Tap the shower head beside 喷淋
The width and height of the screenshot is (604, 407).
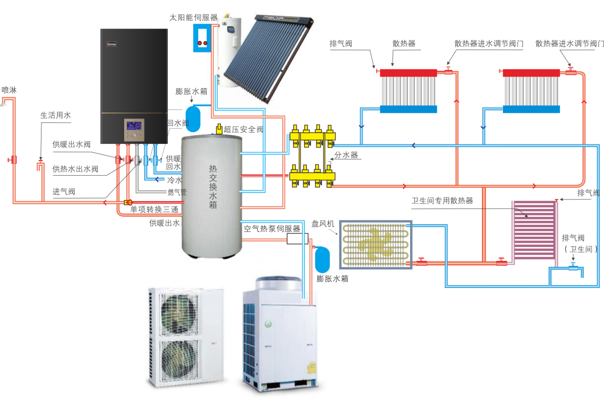(4, 102)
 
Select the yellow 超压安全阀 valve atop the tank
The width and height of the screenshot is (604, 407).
(219, 129)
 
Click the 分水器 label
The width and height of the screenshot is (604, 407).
(346, 155)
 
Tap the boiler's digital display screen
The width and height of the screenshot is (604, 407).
(133, 127)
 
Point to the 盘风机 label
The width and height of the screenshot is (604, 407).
(323, 223)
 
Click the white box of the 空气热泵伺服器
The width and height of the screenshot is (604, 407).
(297, 238)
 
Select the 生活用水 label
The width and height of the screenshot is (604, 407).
(55, 115)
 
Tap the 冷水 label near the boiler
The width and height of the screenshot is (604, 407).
(174, 180)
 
